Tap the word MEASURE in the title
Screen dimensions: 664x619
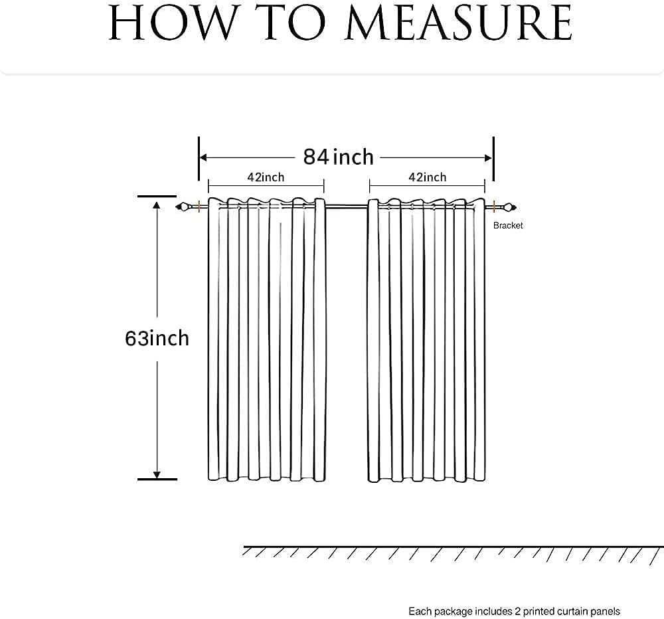click(458, 25)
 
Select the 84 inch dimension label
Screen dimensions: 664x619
click(339, 157)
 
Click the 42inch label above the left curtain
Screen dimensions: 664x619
click(266, 177)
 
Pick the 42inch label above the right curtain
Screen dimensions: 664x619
click(428, 177)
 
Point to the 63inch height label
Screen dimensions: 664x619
click(157, 338)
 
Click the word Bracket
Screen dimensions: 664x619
click(508, 226)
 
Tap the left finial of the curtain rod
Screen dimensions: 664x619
click(181, 208)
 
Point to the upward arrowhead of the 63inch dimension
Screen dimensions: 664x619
click(157, 205)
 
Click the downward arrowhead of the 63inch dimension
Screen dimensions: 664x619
click(157, 474)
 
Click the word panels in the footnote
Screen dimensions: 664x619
click(605, 611)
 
